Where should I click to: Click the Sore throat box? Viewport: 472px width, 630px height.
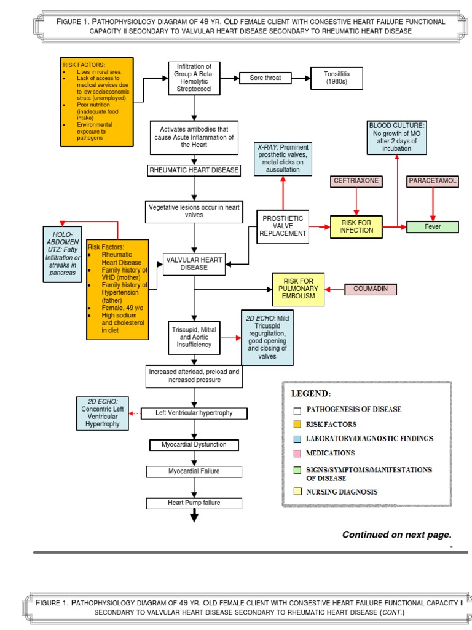[x=265, y=78]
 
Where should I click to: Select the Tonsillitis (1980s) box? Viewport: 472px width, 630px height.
[x=336, y=78]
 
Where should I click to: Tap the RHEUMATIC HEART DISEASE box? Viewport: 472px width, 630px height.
[x=194, y=170]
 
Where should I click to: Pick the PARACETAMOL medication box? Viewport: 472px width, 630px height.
[x=433, y=181]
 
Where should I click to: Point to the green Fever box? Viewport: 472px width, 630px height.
[x=433, y=226]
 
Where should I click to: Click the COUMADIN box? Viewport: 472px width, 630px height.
[x=371, y=289]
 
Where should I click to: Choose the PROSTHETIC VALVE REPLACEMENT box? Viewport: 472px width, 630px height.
[x=283, y=226]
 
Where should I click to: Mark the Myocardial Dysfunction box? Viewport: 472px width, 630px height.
[x=194, y=444]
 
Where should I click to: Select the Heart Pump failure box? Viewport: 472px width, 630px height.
[x=194, y=503]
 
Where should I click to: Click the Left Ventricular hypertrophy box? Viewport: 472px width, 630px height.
[x=194, y=413]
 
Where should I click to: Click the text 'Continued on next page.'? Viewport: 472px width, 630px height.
[x=396, y=535]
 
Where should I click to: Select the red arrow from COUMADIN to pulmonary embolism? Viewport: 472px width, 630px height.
[x=335, y=289]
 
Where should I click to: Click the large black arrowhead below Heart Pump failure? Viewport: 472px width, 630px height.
[x=194, y=517]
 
